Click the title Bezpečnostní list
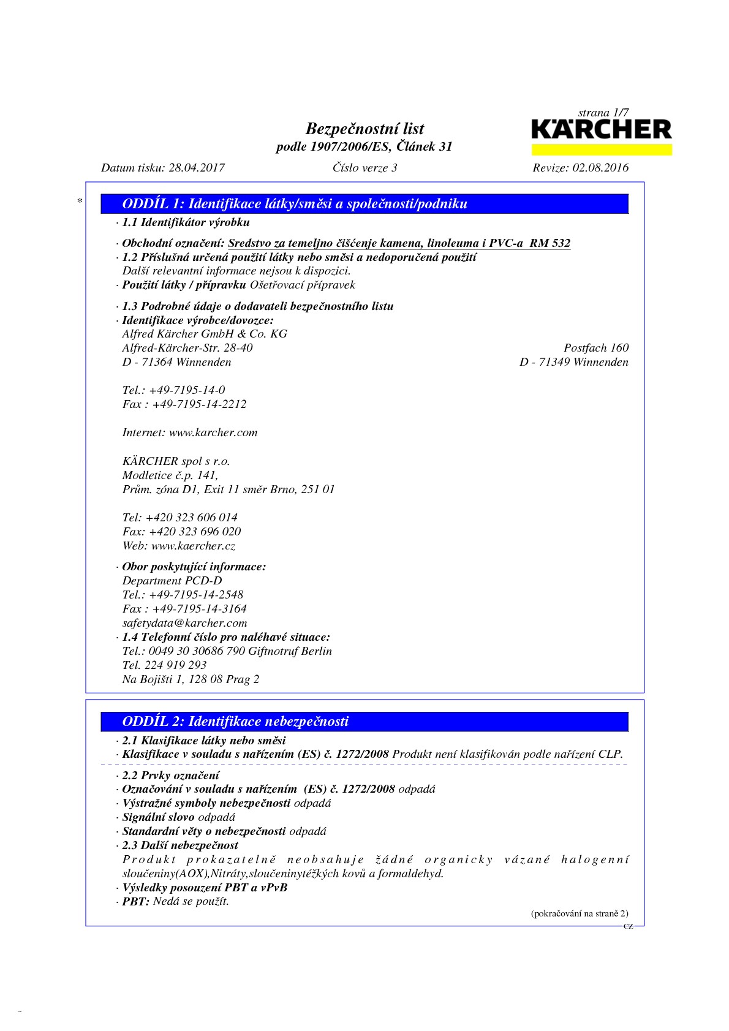pos(364,129)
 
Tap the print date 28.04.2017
pos(197,168)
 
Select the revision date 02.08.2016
pos(600,168)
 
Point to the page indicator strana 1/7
pos(603,113)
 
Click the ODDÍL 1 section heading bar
pos(364,204)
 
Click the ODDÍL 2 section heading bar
pos(364,722)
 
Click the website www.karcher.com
pos(213,432)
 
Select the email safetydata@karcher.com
pos(184,623)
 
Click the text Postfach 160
pos(596,348)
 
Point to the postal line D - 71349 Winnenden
pos(573,362)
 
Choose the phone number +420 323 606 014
pos(192,518)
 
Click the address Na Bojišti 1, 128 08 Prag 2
pos(191,679)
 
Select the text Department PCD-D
pos(172,581)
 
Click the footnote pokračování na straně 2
pos(580,913)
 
